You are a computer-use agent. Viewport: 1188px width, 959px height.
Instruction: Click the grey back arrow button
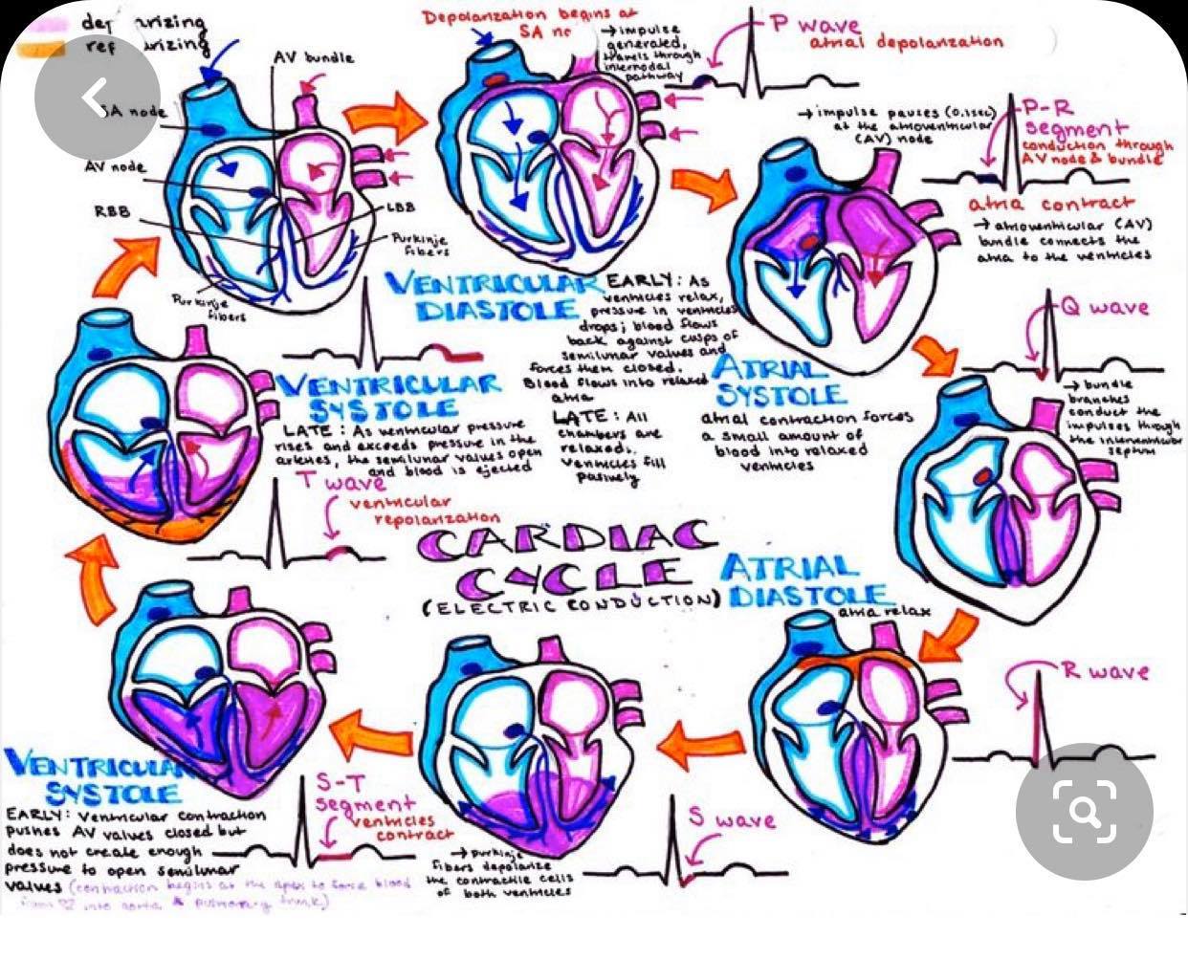[x=96, y=97]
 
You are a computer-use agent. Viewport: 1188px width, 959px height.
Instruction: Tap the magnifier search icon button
[x=1084, y=810]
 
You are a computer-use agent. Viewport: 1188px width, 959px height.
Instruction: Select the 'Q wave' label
[x=1104, y=308]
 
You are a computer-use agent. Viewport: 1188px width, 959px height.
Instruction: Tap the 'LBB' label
[x=401, y=207]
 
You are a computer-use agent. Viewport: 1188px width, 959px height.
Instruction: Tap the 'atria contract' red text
[x=1050, y=204]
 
